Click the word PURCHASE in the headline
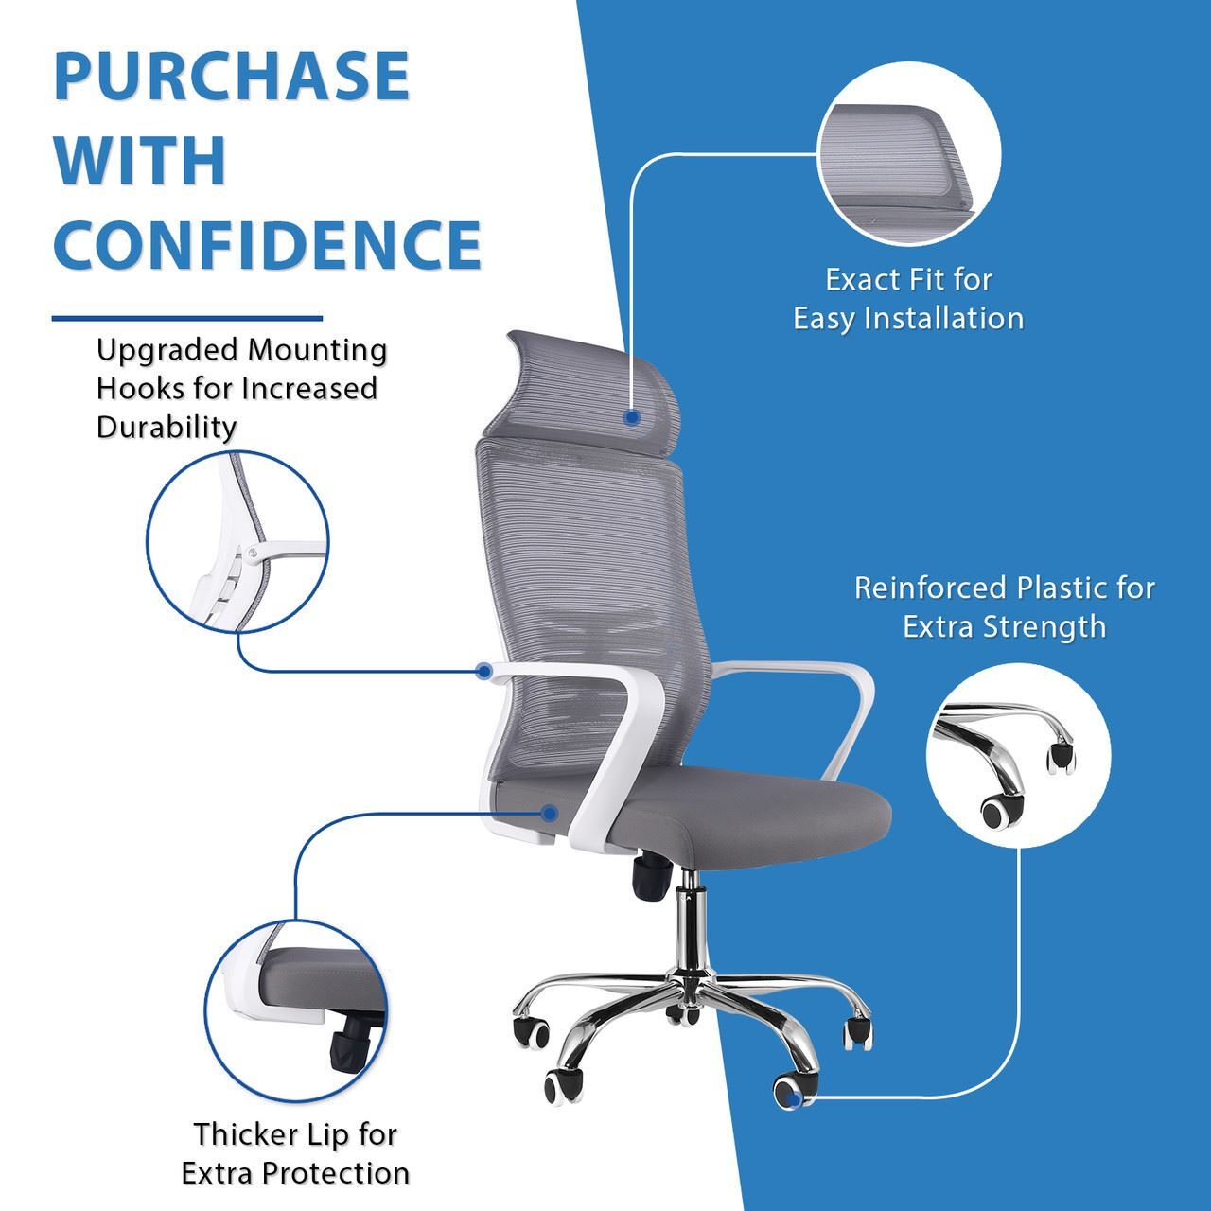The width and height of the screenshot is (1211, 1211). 231,76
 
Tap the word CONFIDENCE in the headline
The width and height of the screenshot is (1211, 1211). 268,244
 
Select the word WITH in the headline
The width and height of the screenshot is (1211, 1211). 140,160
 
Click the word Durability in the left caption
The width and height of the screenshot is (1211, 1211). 167,427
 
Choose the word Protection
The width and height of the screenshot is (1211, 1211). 336,1173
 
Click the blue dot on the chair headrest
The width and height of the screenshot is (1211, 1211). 632,417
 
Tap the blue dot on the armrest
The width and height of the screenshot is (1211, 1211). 484,671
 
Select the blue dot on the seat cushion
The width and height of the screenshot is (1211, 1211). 549,813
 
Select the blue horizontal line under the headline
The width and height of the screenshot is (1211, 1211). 186,319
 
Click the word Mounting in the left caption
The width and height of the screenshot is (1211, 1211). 317,349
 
